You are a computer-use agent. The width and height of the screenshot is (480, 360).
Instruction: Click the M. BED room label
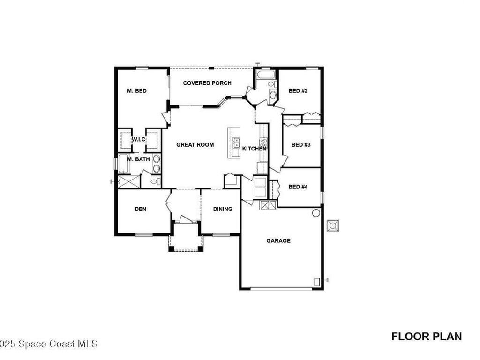click(137, 91)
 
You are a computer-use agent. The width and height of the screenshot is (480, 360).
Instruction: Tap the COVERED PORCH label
click(207, 83)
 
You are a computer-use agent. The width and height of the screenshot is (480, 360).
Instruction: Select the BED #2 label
click(298, 91)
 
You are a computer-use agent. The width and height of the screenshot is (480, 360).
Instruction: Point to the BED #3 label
click(301, 145)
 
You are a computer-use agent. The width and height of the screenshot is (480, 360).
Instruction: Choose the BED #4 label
click(298, 187)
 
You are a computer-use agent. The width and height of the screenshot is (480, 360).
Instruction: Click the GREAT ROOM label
click(195, 145)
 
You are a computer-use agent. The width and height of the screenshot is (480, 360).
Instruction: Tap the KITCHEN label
click(254, 149)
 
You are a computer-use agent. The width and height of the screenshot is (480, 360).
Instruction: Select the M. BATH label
click(139, 159)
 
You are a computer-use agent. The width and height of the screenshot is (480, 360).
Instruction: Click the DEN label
click(141, 209)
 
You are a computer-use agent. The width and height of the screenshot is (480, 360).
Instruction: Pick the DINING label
click(223, 209)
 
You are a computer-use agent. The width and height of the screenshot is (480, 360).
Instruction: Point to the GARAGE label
click(278, 241)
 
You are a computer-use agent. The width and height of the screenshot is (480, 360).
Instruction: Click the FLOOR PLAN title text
click(427, 336)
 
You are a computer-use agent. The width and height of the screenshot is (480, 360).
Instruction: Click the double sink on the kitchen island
click(236, 142)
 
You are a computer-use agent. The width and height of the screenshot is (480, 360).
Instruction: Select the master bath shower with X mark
click(128, 181)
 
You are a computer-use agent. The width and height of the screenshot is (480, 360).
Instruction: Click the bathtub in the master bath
click(124, 164)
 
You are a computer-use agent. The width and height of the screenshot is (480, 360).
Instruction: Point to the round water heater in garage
click(316, 213)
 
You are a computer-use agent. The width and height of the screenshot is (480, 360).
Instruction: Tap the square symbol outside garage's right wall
click(334, 225)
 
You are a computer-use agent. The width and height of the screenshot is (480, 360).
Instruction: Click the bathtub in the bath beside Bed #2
click(266, 75)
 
